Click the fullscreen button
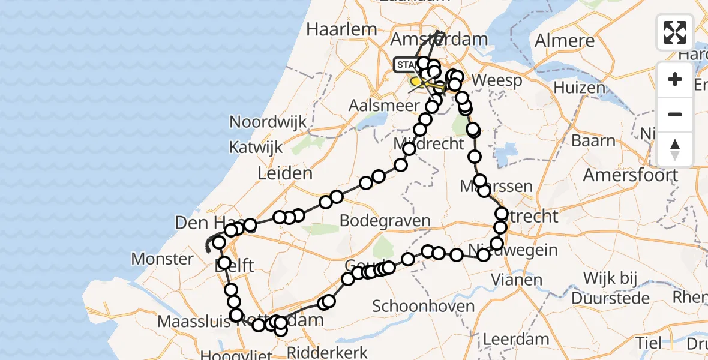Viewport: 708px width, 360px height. pyautogui.click(x=675, y=32)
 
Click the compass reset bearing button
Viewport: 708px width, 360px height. pyautogui.click(x=675, y=149)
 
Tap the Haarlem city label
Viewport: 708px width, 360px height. pyautogui.click(x=341, y=29)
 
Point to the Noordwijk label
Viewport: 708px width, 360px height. pyautogui.click(x=268, y=122)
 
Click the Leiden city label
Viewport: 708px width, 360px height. pyautogui.click(x=284, y=174)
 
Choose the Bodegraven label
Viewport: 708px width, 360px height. pyautogui.click(x=385, y=220)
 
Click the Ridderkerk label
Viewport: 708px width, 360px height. pyautogui.click(x=336, y=352)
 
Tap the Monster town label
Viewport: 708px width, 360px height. pyautogui.click(x=162, y=259)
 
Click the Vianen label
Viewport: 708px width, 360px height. pyautogui.click(x=517, y=279)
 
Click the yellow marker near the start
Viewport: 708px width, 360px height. pyautogui.click(x=415, y=81)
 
